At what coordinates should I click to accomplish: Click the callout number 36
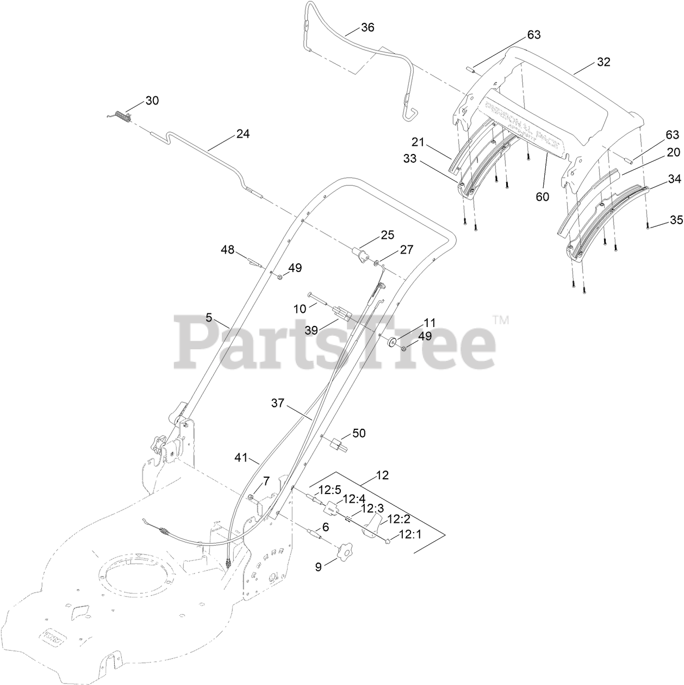pyautogui.click(x=368, y=27)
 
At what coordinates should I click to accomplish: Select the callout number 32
pyautogui.click(x=604, y=62)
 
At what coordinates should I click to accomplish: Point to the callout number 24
pyautogui.click(x=242, y=134)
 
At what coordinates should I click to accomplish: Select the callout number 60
pyautogui.click(x=542, y=197)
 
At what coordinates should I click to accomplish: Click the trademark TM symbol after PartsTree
pyautogui.click(x=501, y=320)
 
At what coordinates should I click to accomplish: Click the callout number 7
pyautogui.click(x=266, y=481)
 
